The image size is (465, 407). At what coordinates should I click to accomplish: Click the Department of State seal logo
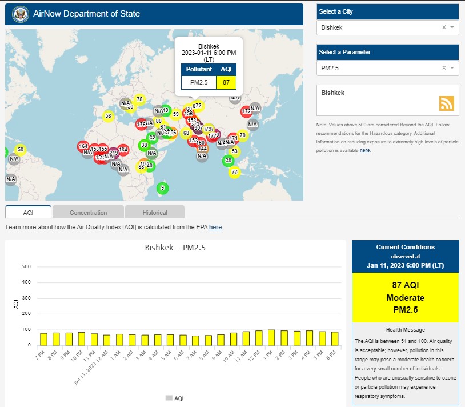(19, 14)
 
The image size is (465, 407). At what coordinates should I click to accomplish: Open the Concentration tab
(88, 213)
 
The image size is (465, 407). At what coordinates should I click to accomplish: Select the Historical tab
(155, 213)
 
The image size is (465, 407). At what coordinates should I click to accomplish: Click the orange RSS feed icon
(446, 103)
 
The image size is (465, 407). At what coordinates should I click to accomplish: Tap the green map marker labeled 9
(162, 188)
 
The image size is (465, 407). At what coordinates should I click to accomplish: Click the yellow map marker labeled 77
(234, 171)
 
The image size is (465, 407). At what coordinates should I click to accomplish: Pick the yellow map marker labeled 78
(139, 99)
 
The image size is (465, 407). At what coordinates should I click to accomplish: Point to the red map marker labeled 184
(123, 150)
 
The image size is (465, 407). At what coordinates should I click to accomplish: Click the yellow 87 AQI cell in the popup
(226, 82)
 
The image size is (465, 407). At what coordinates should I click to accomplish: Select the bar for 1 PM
(272, 338)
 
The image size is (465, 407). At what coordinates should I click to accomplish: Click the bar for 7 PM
(44, 339)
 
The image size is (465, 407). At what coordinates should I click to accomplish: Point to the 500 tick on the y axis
(26, 267)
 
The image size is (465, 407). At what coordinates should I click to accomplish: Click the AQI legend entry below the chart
(175, 398)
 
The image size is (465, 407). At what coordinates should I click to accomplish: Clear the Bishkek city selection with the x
(444, 27)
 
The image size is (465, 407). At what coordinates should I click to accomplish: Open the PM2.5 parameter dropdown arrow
(452, 68)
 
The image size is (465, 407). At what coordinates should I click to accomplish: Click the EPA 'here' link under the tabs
(215, 228)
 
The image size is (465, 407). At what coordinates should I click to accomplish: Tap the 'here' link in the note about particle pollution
(364, 150)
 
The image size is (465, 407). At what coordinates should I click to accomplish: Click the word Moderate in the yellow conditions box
(405, 298)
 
